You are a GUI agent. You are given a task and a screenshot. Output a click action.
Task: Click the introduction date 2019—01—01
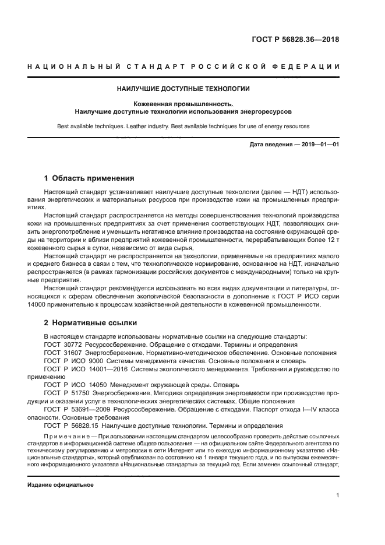point(317,144)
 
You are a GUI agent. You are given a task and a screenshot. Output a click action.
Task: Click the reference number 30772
point(73,344)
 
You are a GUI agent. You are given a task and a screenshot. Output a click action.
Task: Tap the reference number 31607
point(73,353)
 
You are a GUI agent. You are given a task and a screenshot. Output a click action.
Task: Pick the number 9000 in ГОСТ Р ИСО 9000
point(93,361)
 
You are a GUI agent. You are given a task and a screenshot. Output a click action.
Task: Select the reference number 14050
point(94,385)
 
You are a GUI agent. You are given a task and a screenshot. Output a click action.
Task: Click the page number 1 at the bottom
point(337,496)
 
